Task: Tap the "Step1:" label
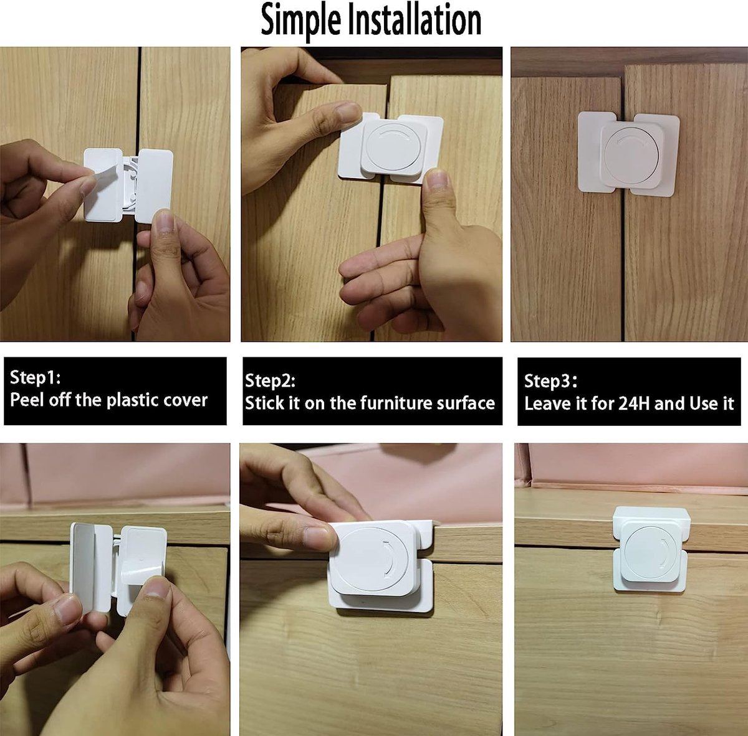click(35, 377)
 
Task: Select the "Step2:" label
click(270, 380)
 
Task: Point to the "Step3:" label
click(550, 381)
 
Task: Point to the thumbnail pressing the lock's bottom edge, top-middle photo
click(437, 181)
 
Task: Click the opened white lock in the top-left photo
click(128, 185)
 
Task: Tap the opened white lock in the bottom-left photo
click(118, 564)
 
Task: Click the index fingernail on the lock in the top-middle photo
click(347, 112)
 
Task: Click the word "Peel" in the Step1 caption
click(27, 400)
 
